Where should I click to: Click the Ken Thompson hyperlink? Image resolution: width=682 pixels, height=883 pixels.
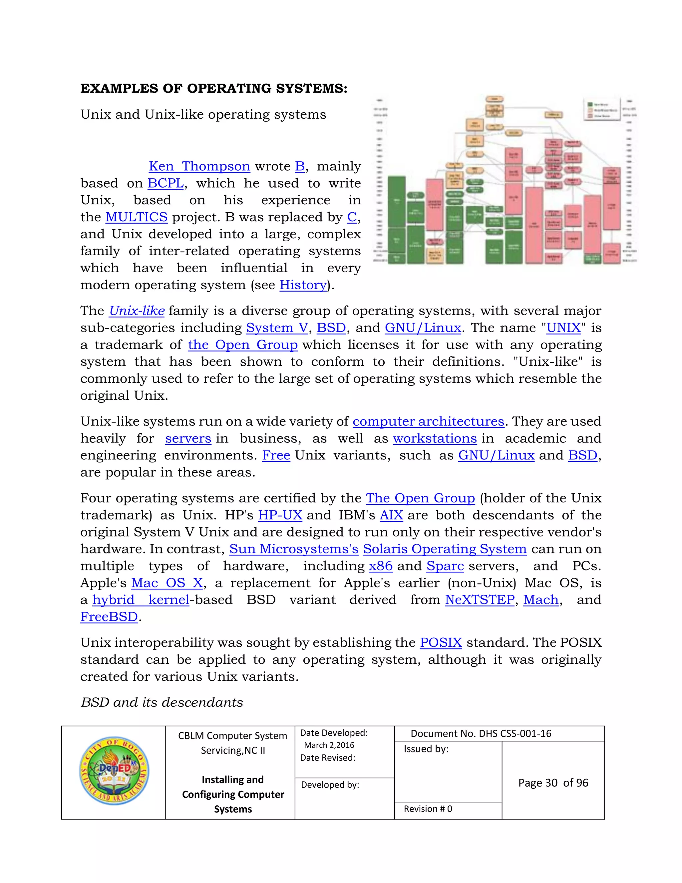click(x=199, y=166)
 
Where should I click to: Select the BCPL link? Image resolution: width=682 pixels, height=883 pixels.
click(x=166, y=183)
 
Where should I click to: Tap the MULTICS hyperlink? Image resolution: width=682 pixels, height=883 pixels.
click(x=136, y=217)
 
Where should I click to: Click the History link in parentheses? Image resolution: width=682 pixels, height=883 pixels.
click(x=303, y=285)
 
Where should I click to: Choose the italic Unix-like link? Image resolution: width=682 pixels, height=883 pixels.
click(x=137, y=311)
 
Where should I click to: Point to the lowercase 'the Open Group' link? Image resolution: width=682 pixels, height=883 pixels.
click(x=242, y=345)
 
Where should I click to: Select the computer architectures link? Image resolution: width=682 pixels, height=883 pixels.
click(x=428, y=422)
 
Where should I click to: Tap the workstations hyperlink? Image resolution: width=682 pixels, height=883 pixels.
click(x=435, y=439)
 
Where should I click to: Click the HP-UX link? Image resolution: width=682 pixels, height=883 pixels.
click(x=280, y=515)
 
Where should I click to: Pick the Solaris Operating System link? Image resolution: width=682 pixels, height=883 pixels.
click(x=445, y=549)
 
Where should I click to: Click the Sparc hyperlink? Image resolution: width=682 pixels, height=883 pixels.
click(x=445, y=566)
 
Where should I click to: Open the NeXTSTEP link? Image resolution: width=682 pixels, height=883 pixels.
click(x=480, y=600)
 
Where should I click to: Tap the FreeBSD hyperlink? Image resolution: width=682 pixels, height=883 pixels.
click(x=109, y=617)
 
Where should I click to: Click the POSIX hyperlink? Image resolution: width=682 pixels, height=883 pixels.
click(x=441, y=643)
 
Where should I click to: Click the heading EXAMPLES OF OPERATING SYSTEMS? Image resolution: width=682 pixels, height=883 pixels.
click(x=214, y=88)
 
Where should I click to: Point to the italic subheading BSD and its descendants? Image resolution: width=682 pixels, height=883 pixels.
click(x=162, y=702)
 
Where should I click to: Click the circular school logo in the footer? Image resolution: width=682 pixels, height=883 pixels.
click(x=114, y=771)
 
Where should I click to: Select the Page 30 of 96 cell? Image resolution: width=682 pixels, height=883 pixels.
click(x=553, y=783)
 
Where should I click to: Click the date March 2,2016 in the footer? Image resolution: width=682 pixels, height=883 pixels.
click(x=329, y=745)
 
